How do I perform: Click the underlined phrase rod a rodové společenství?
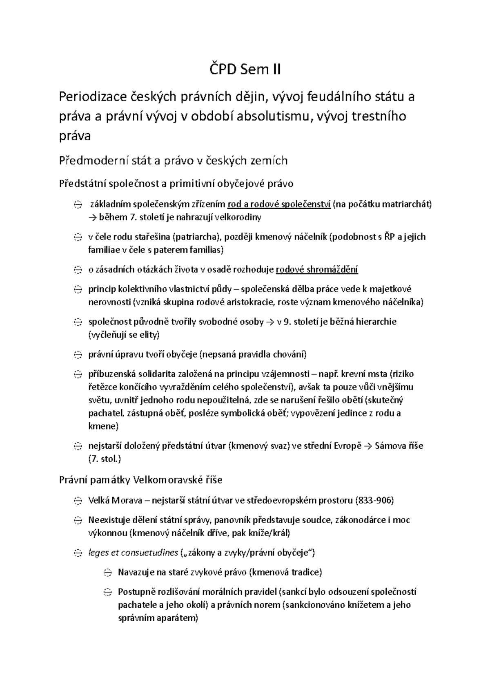(x=279, y=204)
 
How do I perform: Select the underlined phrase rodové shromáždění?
(x=317, y=270)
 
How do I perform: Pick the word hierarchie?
(x=376, y=322)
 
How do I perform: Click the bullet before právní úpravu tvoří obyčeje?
(x=78, y=355)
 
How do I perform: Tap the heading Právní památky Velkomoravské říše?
(x=141, y=480)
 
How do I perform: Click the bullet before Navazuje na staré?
(x=107, y=573)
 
